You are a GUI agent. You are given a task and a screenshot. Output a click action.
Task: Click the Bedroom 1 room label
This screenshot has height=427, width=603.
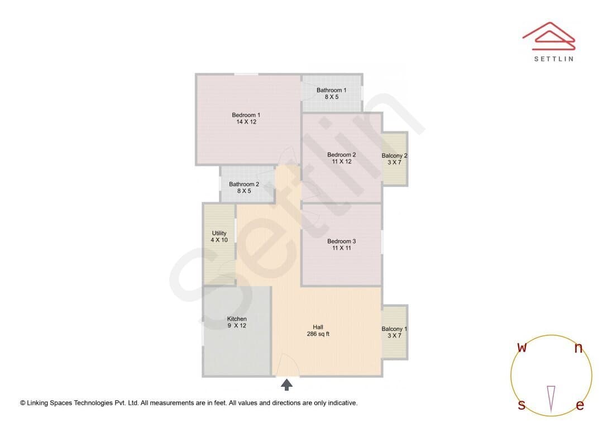(x=246, y=115)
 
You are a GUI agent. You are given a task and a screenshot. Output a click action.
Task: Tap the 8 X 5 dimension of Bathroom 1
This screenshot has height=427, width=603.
(x=332, y=97)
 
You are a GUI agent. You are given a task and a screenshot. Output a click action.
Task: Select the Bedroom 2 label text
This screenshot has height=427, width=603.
(x=342, y=154)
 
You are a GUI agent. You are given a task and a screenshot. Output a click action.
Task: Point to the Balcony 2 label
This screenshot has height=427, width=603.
(x=394, y=155)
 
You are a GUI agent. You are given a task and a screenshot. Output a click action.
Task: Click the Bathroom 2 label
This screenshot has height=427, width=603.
(x=244, y=184)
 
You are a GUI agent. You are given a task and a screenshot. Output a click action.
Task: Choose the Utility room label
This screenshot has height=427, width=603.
(x=219, y=233)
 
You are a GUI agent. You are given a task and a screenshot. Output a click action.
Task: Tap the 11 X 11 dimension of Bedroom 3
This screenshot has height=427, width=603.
(x=342, y=248)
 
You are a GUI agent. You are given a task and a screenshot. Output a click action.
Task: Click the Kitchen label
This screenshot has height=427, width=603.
(x=237, y=319)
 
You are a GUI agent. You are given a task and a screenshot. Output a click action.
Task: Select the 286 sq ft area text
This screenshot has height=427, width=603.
(x=318, y=334)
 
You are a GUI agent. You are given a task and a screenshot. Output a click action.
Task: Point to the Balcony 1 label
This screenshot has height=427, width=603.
(x=394, y=329)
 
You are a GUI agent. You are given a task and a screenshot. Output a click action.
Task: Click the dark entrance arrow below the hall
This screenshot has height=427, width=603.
(x=286, y=385)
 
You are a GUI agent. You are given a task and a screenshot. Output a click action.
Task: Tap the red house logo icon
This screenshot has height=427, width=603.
(x=549, y=36)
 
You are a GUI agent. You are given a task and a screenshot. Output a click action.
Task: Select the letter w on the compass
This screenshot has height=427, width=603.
(x=522, y=347)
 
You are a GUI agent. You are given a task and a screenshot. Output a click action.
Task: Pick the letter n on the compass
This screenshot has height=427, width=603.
(x=578, y=348)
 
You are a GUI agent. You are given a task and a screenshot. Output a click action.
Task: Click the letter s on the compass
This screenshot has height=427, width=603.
(x=521, y=405)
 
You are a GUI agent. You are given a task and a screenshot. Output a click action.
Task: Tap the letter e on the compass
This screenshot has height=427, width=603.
(x=580, y=405)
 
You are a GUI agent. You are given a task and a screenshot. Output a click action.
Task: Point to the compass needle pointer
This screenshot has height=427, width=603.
(x=551, y=399)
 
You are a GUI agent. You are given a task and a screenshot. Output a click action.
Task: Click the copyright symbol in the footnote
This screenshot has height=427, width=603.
(x=23, y=403)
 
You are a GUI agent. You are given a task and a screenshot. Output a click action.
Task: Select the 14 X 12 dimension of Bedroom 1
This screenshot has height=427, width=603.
(x=246, y=122)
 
